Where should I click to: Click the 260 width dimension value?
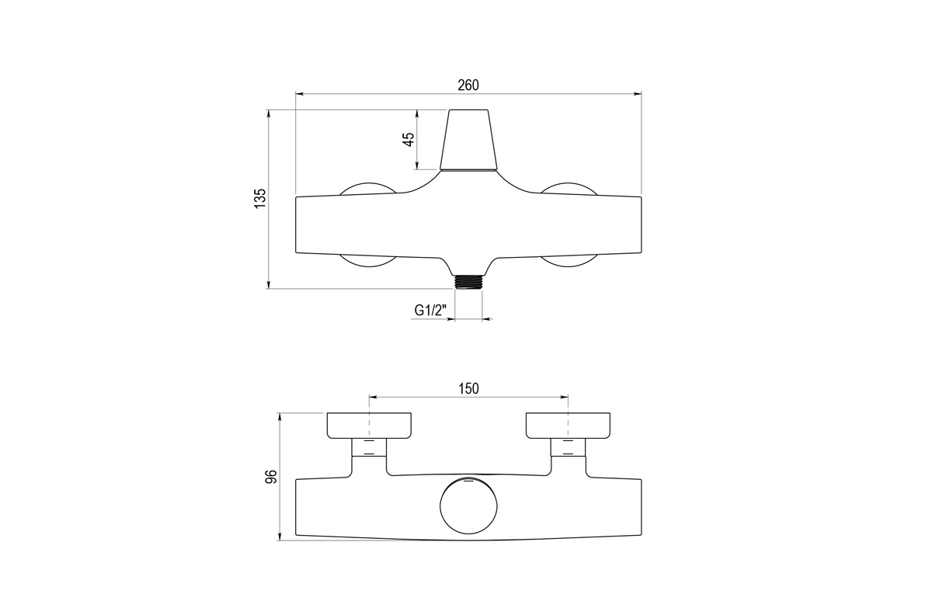coord(468,85)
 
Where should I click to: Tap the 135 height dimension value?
coord(260,199)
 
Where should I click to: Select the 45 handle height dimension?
coord(409,140)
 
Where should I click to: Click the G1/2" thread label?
coord(430,311)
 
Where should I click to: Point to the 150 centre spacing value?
coord(468,388)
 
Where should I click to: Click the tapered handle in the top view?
coord(468,140)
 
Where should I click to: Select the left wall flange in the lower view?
coord(369,425)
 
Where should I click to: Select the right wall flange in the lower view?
coord(568,425)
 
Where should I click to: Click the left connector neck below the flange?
coord(369,447)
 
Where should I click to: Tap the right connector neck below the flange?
coord(568,447)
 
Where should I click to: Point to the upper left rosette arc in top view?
coord(368,187)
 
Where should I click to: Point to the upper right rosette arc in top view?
coord(569,187)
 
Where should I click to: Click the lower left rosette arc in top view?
coord(368,262)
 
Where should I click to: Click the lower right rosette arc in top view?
coord(569,262)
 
